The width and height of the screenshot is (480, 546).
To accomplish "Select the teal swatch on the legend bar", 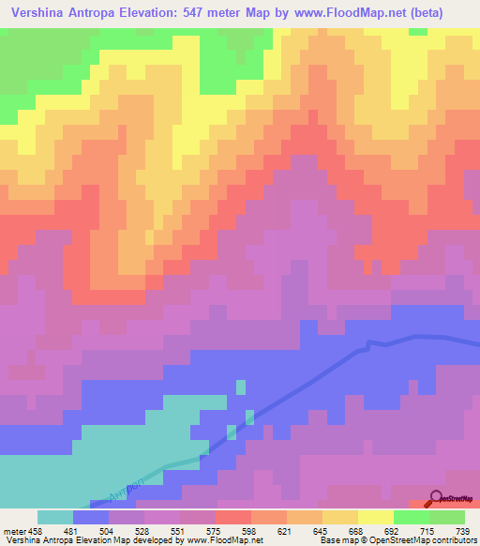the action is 54,516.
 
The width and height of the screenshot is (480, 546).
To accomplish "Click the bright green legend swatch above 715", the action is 411,516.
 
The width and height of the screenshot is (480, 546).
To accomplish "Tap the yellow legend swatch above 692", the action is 375,516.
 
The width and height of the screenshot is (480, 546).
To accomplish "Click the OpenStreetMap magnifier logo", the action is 436,497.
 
